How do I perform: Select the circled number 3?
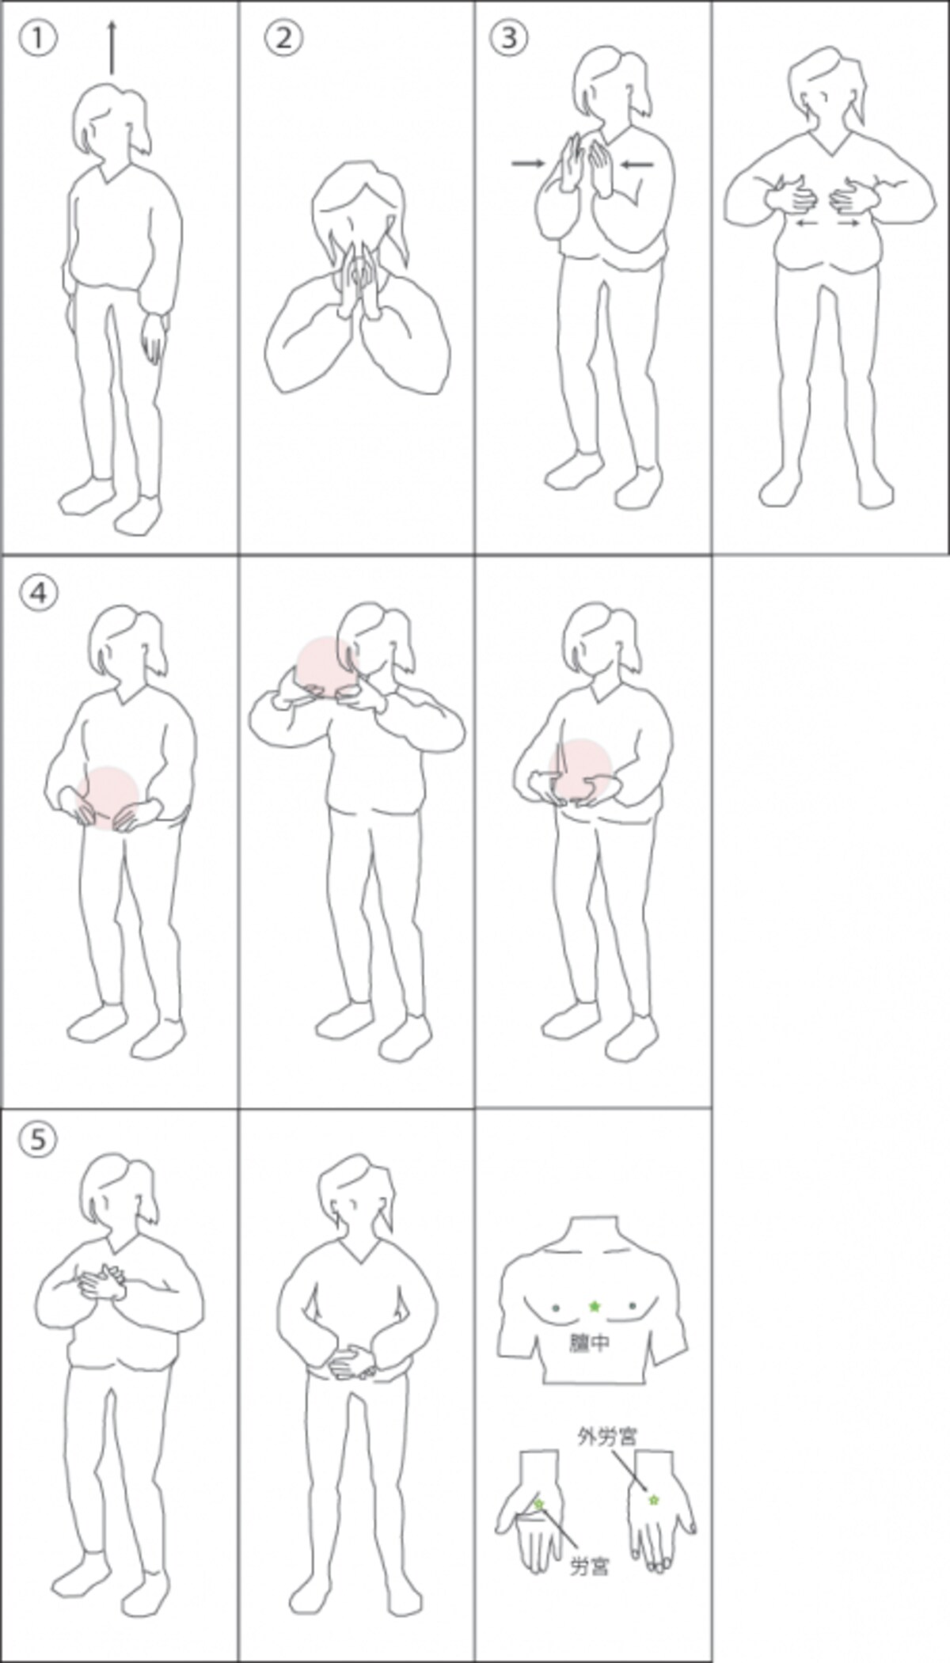pyautogui.click(x=508, y=36)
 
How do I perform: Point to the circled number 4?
pyautogui.click(x=38, y=592)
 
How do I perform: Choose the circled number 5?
pyautogui.click(x=38, y=1140)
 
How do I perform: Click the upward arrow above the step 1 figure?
pyautogui.click(x=112, y=48)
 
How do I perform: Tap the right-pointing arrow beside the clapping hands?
pyautogui.click(x=528, y=164)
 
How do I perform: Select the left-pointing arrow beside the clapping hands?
pyautogui.click(x=637, y=165)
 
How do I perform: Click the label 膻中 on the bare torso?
pyautogui.click(x=590, y=1342)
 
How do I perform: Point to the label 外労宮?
pyautogui.click(x=607, y=1437)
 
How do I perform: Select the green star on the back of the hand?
pyautogui.click(x=653, y=1499)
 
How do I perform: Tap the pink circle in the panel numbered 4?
pyautogui.click(x=107, y=798)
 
